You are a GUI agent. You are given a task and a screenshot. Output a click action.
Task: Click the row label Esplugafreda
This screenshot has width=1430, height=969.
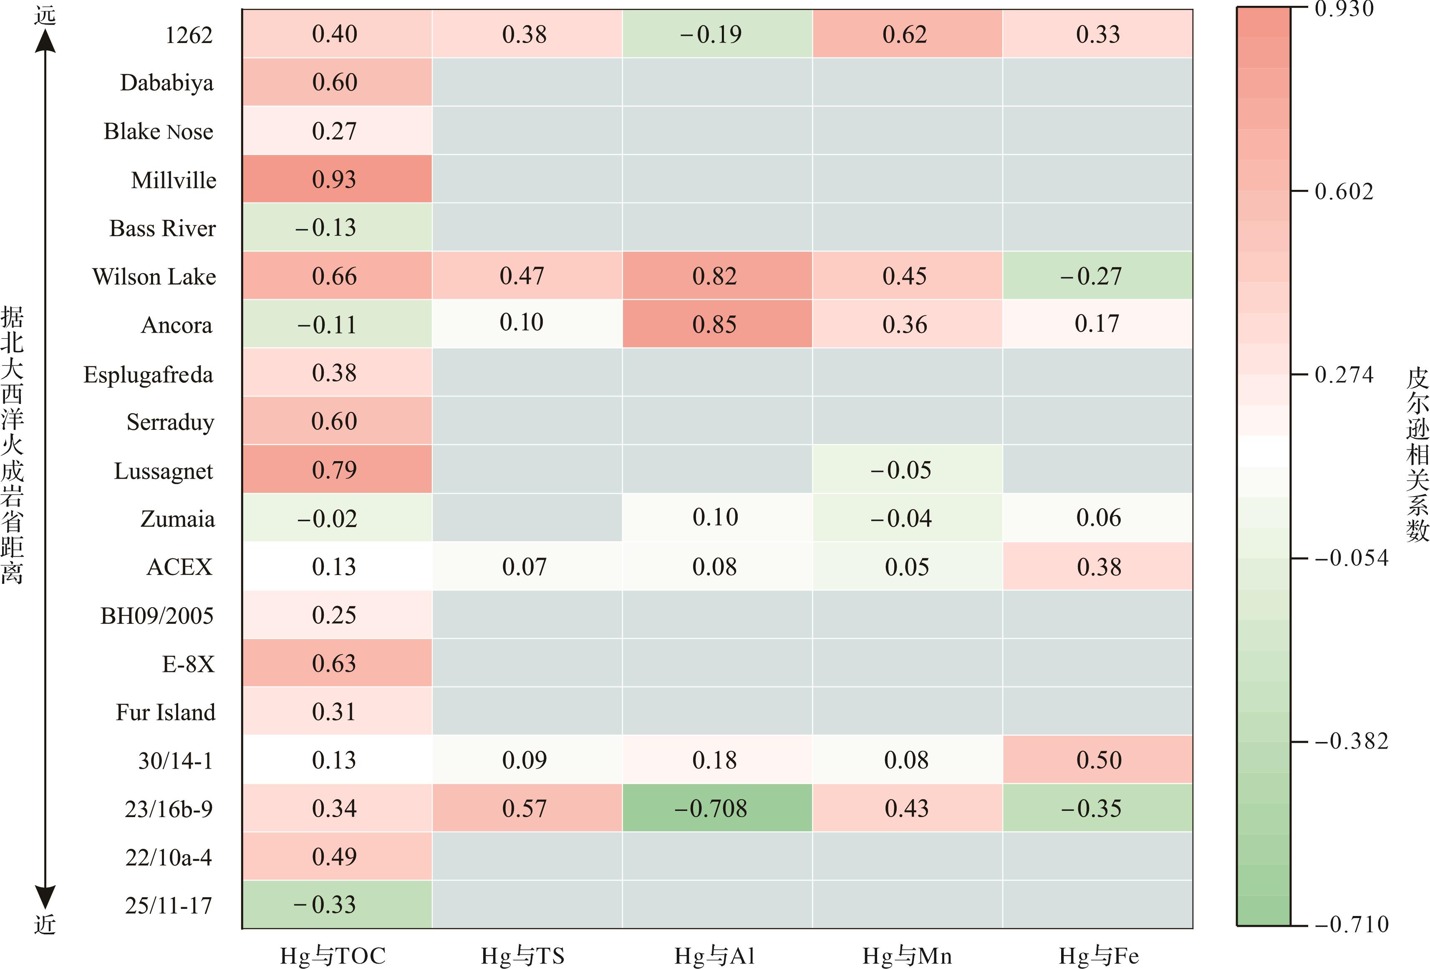148,374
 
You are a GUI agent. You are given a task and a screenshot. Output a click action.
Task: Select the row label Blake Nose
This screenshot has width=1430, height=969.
158,131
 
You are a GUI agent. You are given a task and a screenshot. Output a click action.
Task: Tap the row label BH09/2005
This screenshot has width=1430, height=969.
157,615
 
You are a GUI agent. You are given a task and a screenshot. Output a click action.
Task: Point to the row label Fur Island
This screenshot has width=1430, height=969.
166,712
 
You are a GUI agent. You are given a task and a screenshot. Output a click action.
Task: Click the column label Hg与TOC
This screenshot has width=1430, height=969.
333,956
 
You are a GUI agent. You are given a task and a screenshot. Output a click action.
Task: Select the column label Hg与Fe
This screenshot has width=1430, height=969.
1098,956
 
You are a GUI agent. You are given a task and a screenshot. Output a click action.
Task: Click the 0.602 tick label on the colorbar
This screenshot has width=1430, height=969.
1343,192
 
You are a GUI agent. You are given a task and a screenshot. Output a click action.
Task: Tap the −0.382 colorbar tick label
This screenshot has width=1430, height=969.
1351,742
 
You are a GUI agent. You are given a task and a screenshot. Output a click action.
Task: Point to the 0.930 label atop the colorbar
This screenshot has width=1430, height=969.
1343,9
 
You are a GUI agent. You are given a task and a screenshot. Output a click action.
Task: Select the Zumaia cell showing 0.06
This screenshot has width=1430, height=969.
1098,517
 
